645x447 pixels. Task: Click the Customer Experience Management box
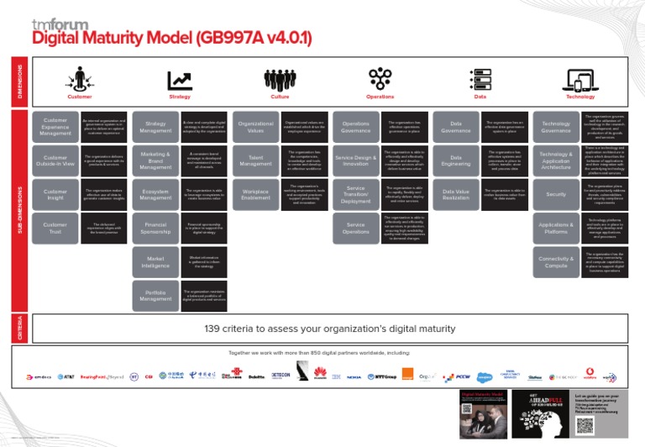(x=55, y=127)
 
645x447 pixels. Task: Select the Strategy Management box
(x=155, y=127)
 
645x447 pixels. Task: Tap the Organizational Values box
(x=255, y=127)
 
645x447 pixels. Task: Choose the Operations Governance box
(x=355, y=127)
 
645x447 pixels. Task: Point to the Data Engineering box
(x=456, y=160)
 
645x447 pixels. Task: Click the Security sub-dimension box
(x=556, y=194)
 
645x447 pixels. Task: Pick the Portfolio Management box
(x=155, y=295)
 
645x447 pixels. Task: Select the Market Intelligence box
(x=155, y=261)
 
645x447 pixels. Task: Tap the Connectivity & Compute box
(x=556, y=261)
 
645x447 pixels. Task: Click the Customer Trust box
(x=55, y=228)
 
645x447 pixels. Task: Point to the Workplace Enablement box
(x=255, y=194)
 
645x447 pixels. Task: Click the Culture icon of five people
(x=280, y=80)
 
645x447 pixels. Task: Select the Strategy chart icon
(x=180, y=80)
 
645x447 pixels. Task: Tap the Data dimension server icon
(x=480, y=79)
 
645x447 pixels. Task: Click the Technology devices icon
(x=580, y=80)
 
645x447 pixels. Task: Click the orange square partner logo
(x=407, y=376)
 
